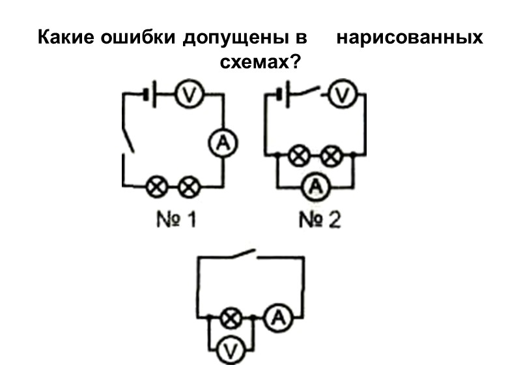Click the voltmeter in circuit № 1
point(189,95)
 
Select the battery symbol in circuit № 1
point(150,95)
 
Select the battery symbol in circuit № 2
point(282,95)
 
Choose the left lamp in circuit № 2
point(299,156)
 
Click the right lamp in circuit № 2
point(332,156)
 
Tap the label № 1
point(172,220)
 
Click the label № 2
point(319,220)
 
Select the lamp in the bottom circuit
point(229,319)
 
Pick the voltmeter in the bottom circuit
point(229,351)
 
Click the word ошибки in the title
point(136,38)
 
